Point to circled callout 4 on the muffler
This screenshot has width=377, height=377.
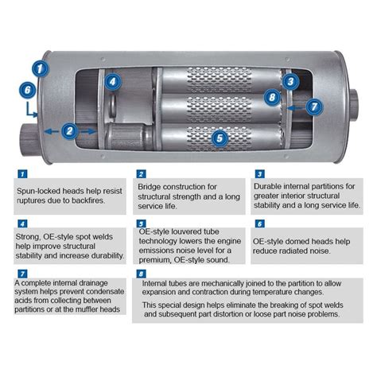(113, 80)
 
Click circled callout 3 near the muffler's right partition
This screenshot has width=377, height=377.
(290, 80)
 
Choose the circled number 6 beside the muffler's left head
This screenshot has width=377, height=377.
(29, 90)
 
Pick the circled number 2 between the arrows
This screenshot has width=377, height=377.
(70, 130)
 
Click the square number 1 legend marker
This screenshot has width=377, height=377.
(21, 173)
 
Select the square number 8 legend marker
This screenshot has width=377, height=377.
(140, 271)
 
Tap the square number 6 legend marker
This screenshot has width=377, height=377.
(258, 225)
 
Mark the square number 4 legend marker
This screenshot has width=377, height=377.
(21, 225)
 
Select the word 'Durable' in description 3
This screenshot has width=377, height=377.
(270, 185)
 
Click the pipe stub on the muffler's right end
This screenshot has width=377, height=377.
(355, 99)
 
